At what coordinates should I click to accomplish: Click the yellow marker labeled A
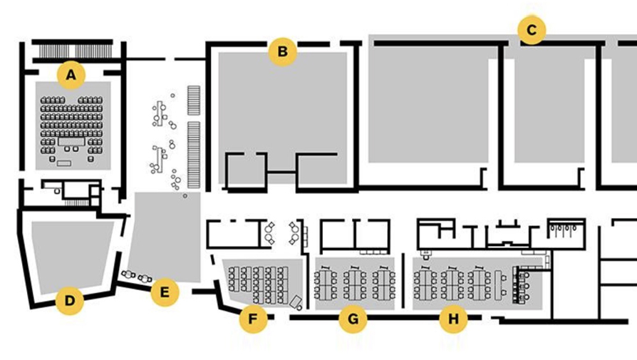click(71, 75)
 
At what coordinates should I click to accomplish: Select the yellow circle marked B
click(282, 51)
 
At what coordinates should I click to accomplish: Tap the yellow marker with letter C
click(532, 30)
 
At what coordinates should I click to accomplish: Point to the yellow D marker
click(70, 301)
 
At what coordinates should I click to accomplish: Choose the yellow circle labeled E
click(165, 292)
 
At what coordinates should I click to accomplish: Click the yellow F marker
click(253, 319)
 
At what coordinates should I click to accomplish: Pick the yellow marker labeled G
click(353, 319)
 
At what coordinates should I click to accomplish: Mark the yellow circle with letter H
click(453, 319)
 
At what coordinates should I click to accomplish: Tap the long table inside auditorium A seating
click(71, 141)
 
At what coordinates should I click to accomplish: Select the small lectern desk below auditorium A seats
click(64, 163)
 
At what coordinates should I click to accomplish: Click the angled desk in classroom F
click(296, 302)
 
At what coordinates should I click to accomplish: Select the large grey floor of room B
click(283, 118)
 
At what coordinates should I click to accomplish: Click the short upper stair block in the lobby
click(194, 101)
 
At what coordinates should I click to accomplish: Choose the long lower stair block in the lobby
click(194, 155)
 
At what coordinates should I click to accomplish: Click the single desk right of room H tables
click(499, 285)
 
